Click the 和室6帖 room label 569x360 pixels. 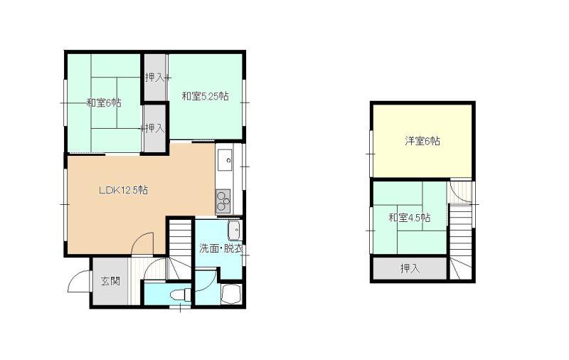(104, 102)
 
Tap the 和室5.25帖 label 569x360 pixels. (205, 96)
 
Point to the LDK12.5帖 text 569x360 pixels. (123, 190)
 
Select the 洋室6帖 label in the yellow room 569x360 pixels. (422, 141)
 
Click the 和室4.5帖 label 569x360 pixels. (410, 218)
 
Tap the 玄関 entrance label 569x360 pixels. (110, 281)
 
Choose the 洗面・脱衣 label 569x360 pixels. (221, 248)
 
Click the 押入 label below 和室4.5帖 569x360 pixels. (410, 268)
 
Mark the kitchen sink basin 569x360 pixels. (225, 160)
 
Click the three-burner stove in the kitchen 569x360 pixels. (223, 201)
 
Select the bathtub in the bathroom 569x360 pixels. (230, 294)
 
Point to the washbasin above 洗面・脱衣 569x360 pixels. (235, 230)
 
